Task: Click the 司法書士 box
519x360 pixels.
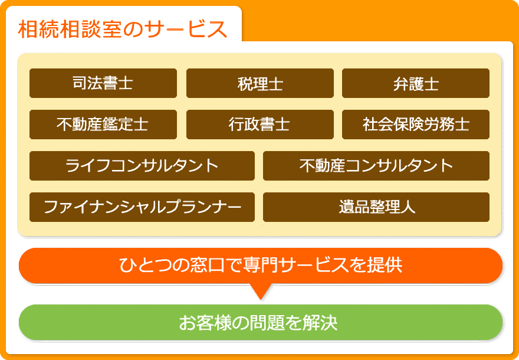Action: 103,83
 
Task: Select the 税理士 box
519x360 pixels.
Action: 260,83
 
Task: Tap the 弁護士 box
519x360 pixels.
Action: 416,83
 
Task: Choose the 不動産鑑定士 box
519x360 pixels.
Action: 103,125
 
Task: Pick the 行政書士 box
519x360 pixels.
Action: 260,125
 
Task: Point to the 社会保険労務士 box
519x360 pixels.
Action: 416,125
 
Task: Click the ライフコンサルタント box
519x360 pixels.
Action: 142,166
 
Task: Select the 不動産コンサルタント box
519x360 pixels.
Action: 376,166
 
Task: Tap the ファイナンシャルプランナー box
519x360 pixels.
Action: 142,207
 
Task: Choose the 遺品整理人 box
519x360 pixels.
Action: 376,207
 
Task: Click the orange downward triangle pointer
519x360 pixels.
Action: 261,290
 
